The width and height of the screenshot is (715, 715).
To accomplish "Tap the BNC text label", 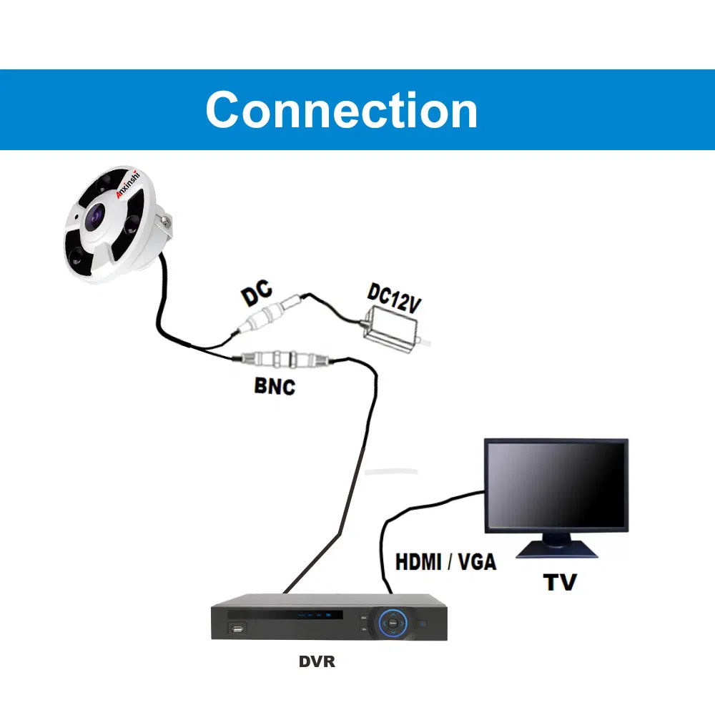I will click(275, 386).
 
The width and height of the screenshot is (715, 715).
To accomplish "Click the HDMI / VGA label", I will click(445, 562).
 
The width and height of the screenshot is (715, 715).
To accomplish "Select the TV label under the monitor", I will click(559, 581).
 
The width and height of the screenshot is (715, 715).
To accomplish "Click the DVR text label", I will click(316, 662).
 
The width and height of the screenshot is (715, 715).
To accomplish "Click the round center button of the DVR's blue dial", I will click(393, 622).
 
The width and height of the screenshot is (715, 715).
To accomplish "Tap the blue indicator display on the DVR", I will click(315, 614).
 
